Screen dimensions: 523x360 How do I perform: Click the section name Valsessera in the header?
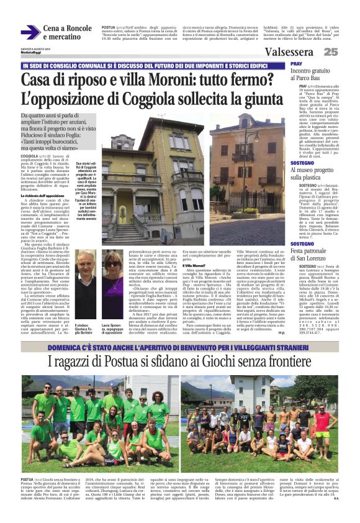287,52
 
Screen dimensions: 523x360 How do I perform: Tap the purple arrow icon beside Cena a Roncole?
30,32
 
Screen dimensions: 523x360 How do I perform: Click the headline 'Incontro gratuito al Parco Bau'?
318,75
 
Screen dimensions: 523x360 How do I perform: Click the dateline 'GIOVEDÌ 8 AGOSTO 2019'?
34,48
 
